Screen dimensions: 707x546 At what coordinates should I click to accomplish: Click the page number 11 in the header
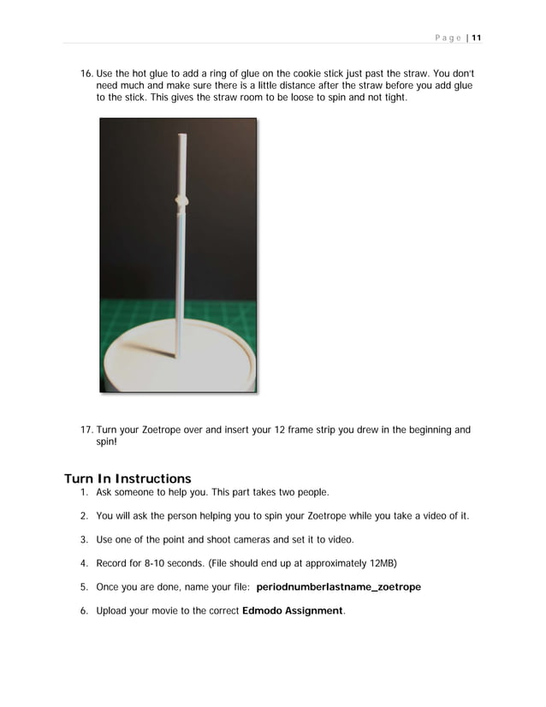click(477, 38)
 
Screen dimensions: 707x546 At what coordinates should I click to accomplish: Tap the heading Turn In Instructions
click(128, 478)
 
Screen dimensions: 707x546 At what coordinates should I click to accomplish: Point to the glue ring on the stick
click(181, 201)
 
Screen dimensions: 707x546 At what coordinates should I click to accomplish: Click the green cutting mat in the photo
click(128, 317)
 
